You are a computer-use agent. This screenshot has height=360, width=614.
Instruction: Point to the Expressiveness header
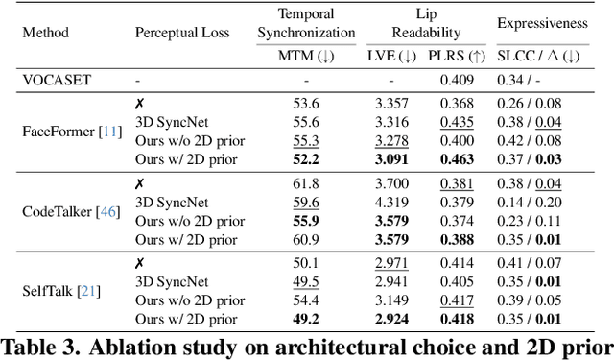542,23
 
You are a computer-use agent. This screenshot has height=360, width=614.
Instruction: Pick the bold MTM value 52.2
305,158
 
